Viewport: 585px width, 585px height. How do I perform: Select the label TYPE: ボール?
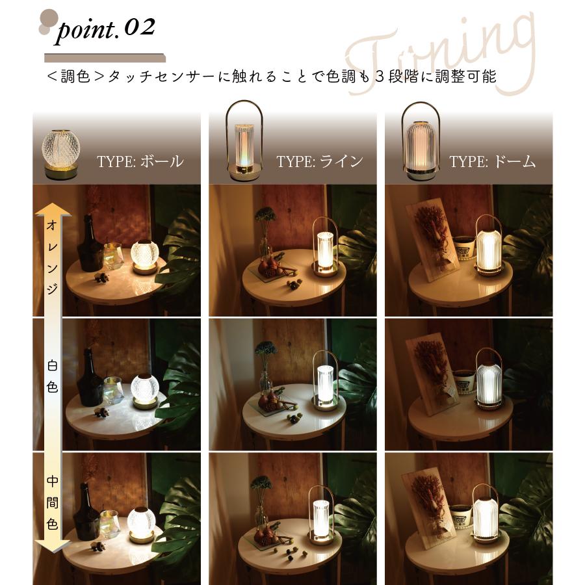[140, 161]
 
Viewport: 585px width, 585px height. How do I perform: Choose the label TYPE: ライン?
[319, 161]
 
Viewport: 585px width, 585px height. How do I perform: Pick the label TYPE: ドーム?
[492, 161]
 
